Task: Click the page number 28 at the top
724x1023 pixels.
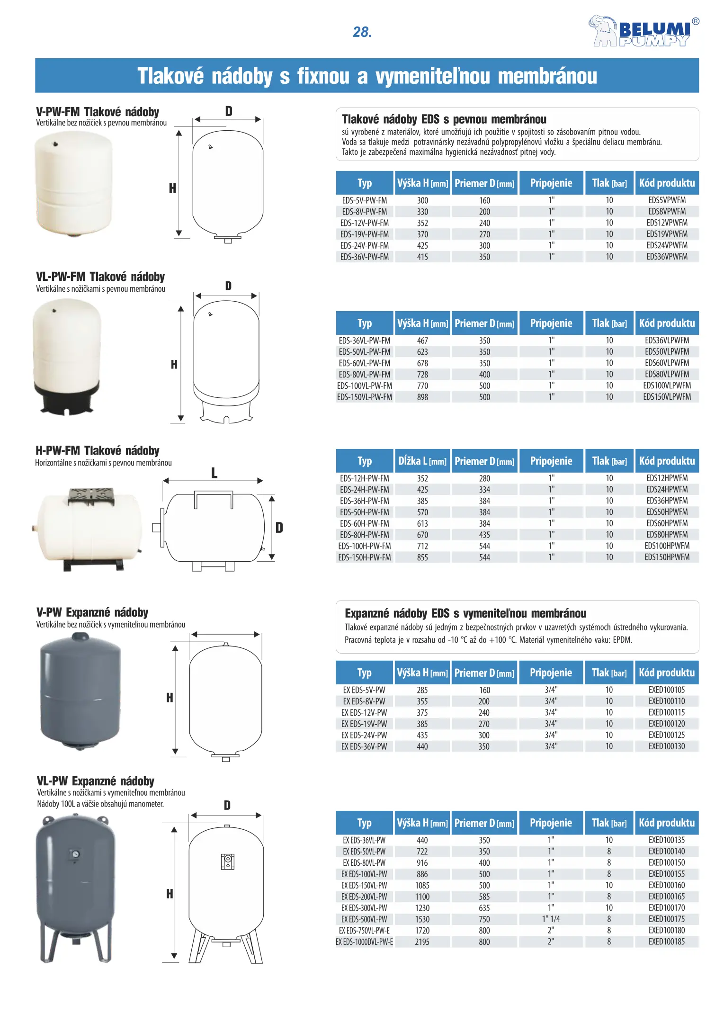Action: pos(362,32)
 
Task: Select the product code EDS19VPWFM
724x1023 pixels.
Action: pos(667,234)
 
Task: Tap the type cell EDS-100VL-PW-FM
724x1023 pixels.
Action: pos(365,386)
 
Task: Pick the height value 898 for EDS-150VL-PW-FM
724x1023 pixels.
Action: pos(422,397)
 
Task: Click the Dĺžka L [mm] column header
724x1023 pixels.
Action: pos(422,461)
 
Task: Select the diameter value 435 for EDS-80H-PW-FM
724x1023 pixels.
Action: pos(484,535)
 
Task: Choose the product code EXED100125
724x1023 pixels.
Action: pos(667,735)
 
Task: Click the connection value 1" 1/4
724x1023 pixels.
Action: pos(551,919)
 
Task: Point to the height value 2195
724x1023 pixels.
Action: pos(422,942)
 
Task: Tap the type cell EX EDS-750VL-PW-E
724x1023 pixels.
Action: pos(365,930)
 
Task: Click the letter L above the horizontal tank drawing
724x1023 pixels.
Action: pos(214,473)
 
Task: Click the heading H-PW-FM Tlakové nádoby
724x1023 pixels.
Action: pos(98,450)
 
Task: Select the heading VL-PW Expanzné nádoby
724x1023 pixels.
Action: pos(96,781)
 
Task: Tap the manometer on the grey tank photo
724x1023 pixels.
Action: pos(75,854)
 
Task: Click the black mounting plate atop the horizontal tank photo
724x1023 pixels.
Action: pos(91,496)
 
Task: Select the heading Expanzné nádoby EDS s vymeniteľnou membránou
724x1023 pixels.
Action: pos(465,613)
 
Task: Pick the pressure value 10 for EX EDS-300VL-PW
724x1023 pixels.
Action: pos(609,907)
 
